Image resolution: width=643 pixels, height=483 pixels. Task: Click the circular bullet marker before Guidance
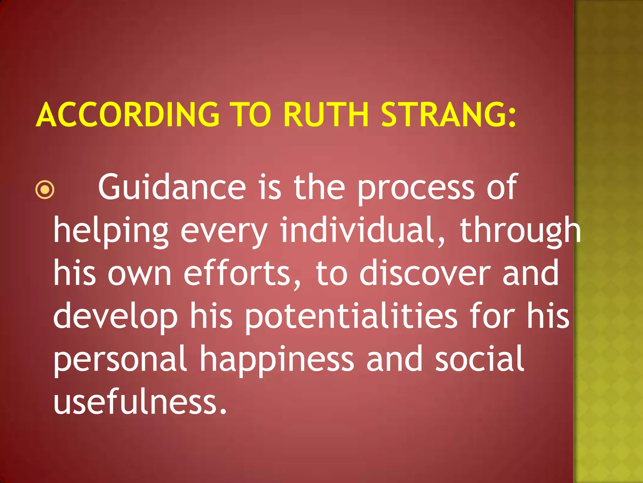[45, 190]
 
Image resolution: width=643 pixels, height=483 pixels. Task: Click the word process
[416, 188]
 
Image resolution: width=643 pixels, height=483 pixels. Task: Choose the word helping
[111, 231]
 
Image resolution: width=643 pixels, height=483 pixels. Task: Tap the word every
[224, 231]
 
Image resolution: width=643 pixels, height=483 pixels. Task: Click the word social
[479, 358]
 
